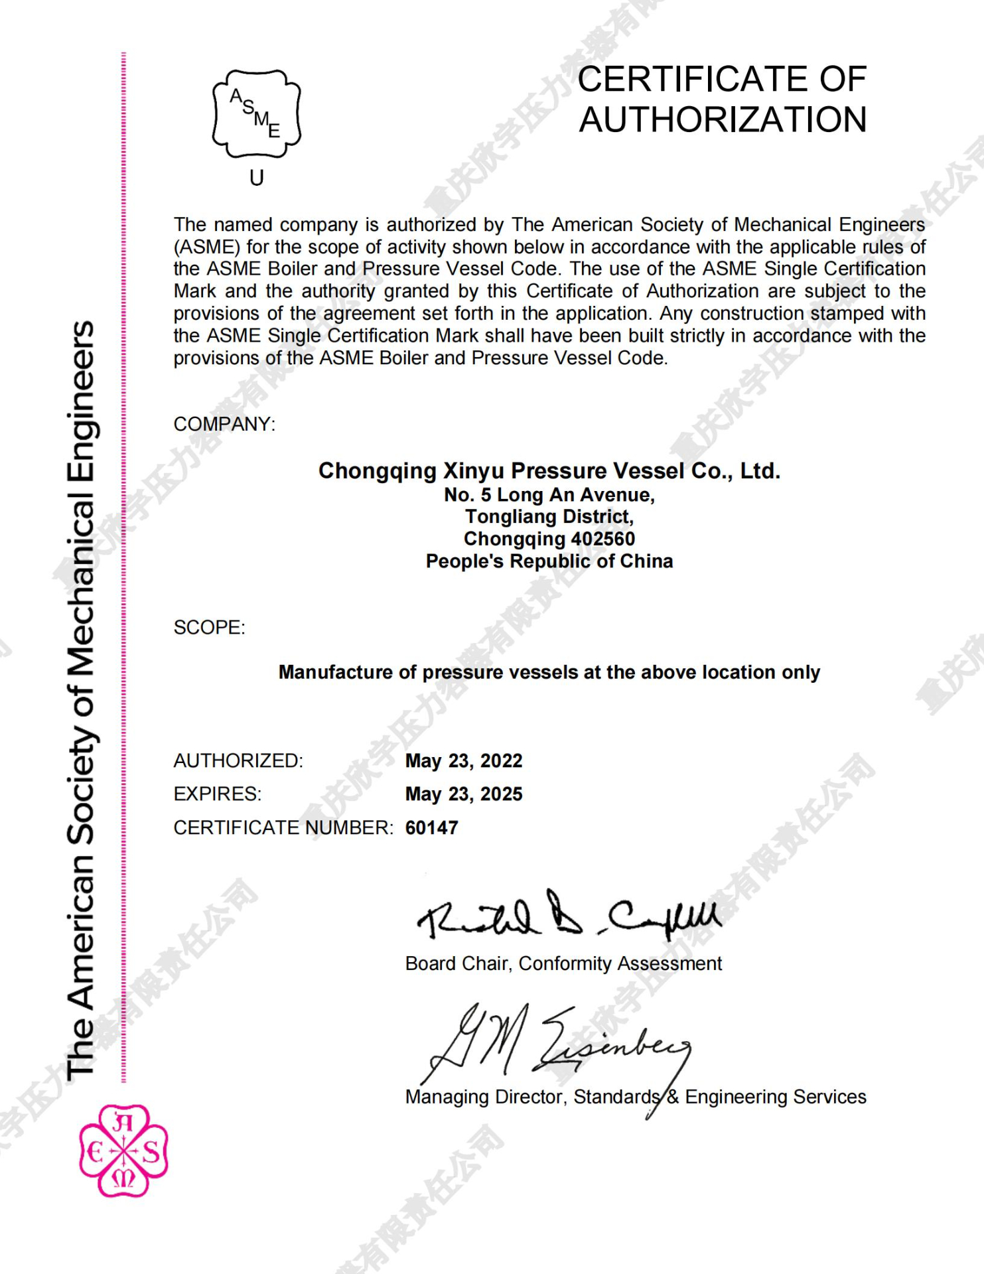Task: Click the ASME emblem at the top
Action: (256, 113)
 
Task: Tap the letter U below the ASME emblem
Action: (257, 178)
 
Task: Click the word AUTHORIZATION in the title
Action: (723, 120)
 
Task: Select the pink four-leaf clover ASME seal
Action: (123, 1150)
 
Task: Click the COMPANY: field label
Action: (224, 424)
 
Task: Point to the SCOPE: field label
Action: (209, 627)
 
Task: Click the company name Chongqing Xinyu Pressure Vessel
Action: (549, 470)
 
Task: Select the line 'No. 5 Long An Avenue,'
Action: (549, 495)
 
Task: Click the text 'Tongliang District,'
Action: (549, 517)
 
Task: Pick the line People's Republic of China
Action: (549, 561)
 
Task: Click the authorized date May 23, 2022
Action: (464, 760)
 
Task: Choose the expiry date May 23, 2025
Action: (464, 794)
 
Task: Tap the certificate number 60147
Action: (431, 828)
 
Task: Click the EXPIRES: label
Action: (217, 794)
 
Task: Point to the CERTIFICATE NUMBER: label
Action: (283, 828)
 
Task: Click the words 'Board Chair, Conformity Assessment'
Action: (563, 963)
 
